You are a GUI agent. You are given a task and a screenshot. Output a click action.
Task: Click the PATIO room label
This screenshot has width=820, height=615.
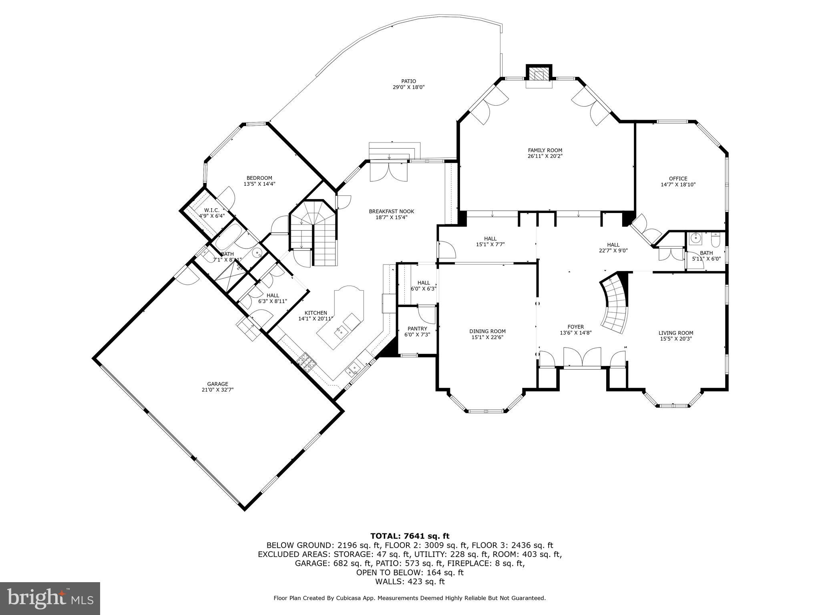pyautogui.click(x=408, y=81)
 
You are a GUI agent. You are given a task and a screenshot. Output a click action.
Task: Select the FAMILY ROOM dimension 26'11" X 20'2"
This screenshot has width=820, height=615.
pyautogui.click(x=545, y=156)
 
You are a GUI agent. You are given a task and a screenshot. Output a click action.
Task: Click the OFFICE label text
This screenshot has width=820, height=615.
pyautogui.click(x=678, y=179)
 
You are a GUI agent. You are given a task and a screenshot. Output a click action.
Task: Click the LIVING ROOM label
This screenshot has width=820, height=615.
pyautogui.click(x=676, y=333)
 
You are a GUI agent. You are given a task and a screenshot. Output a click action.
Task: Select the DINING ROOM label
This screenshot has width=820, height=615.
pyautogui.click(x=487, y=331)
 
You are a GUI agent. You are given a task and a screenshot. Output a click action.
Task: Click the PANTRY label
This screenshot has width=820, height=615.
pyautogui.click(x=417, y=329)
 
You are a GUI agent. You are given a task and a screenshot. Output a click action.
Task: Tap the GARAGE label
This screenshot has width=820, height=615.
pyautogui.click(x=217, y=384)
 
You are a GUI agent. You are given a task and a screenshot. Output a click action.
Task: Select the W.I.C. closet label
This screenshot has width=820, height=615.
pyautogui.click(x=211, y=210)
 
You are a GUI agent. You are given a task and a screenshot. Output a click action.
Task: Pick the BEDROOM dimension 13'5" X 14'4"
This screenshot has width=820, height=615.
pyautogui.click(x=259, y=184)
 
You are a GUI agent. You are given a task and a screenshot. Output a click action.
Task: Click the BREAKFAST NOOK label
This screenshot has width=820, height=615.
pyautogui.click(x=391, y=211)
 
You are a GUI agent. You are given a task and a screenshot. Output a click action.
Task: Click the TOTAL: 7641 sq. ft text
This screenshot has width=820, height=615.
pyautogui.click(x=410, y=536)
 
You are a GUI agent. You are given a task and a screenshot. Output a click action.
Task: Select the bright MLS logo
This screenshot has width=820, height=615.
pyautogui.click(x=50, y=598)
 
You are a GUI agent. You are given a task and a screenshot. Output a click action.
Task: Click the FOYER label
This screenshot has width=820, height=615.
pyautogui.click(x=575, y=327)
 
